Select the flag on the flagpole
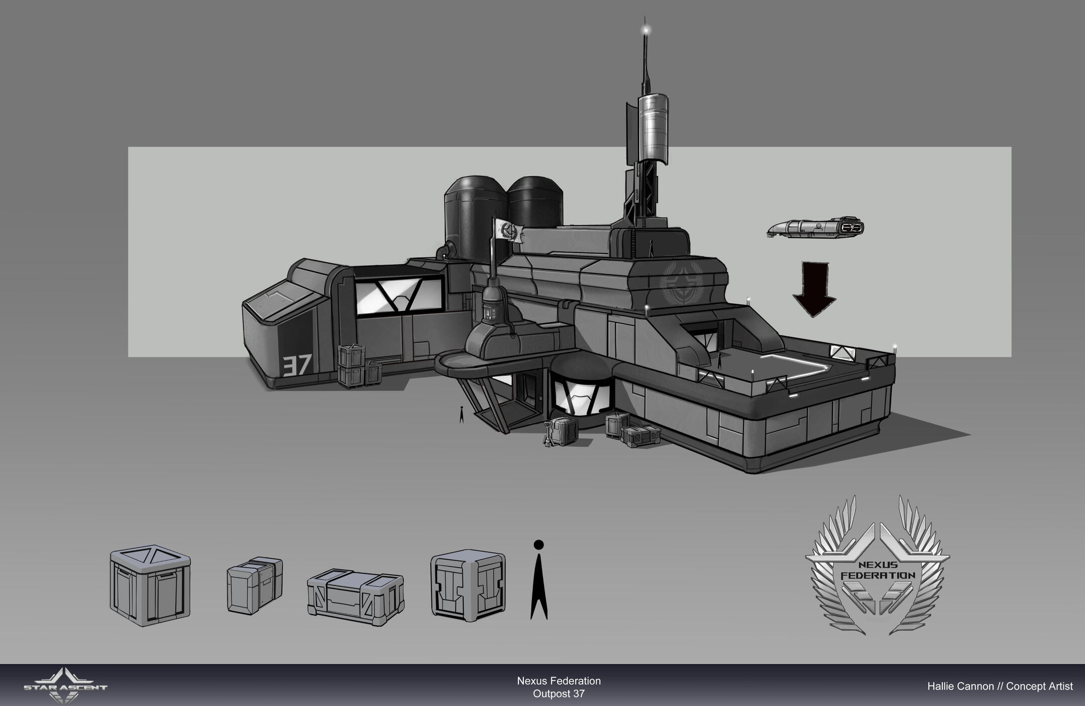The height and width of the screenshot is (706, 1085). (509, 231)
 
